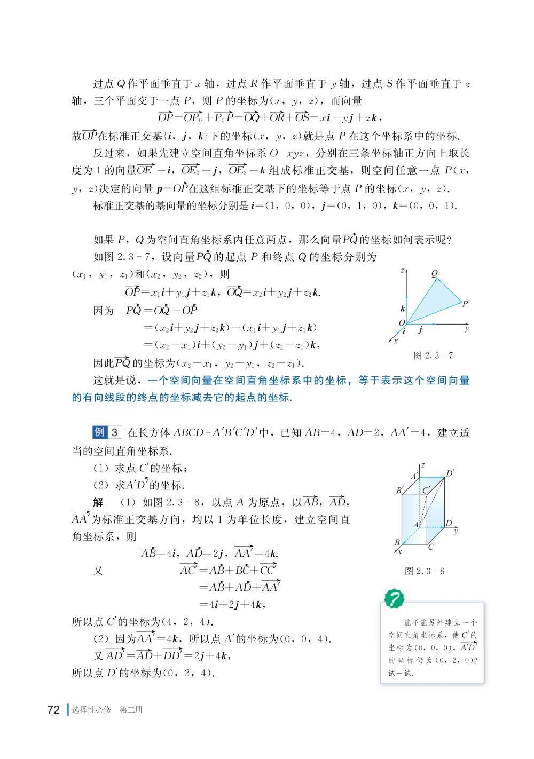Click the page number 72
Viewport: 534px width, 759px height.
[x=53, y=710]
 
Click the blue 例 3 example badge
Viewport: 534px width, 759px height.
[x=107, y=432]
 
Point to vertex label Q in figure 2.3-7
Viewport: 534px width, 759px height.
[x=434, y=274]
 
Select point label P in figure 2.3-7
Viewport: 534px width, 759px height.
[x=465, y=304]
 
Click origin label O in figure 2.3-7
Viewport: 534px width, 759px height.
[x=402, y=322]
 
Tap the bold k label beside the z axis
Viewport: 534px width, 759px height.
[x=402, y=309]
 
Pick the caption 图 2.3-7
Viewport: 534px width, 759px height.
[x=433, y=355]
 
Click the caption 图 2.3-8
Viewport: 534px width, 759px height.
[x=425, y=571]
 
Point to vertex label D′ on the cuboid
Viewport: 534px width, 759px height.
[x=450, y=473]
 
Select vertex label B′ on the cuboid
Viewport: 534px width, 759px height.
[x=399, y=490]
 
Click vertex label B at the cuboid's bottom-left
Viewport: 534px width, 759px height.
[x=397, y=542]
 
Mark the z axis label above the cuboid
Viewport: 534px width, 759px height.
[x=423, y=465]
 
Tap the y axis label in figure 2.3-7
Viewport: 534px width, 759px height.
[x=467, y=329]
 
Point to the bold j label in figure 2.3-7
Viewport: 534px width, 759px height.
[x=421, y=330]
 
